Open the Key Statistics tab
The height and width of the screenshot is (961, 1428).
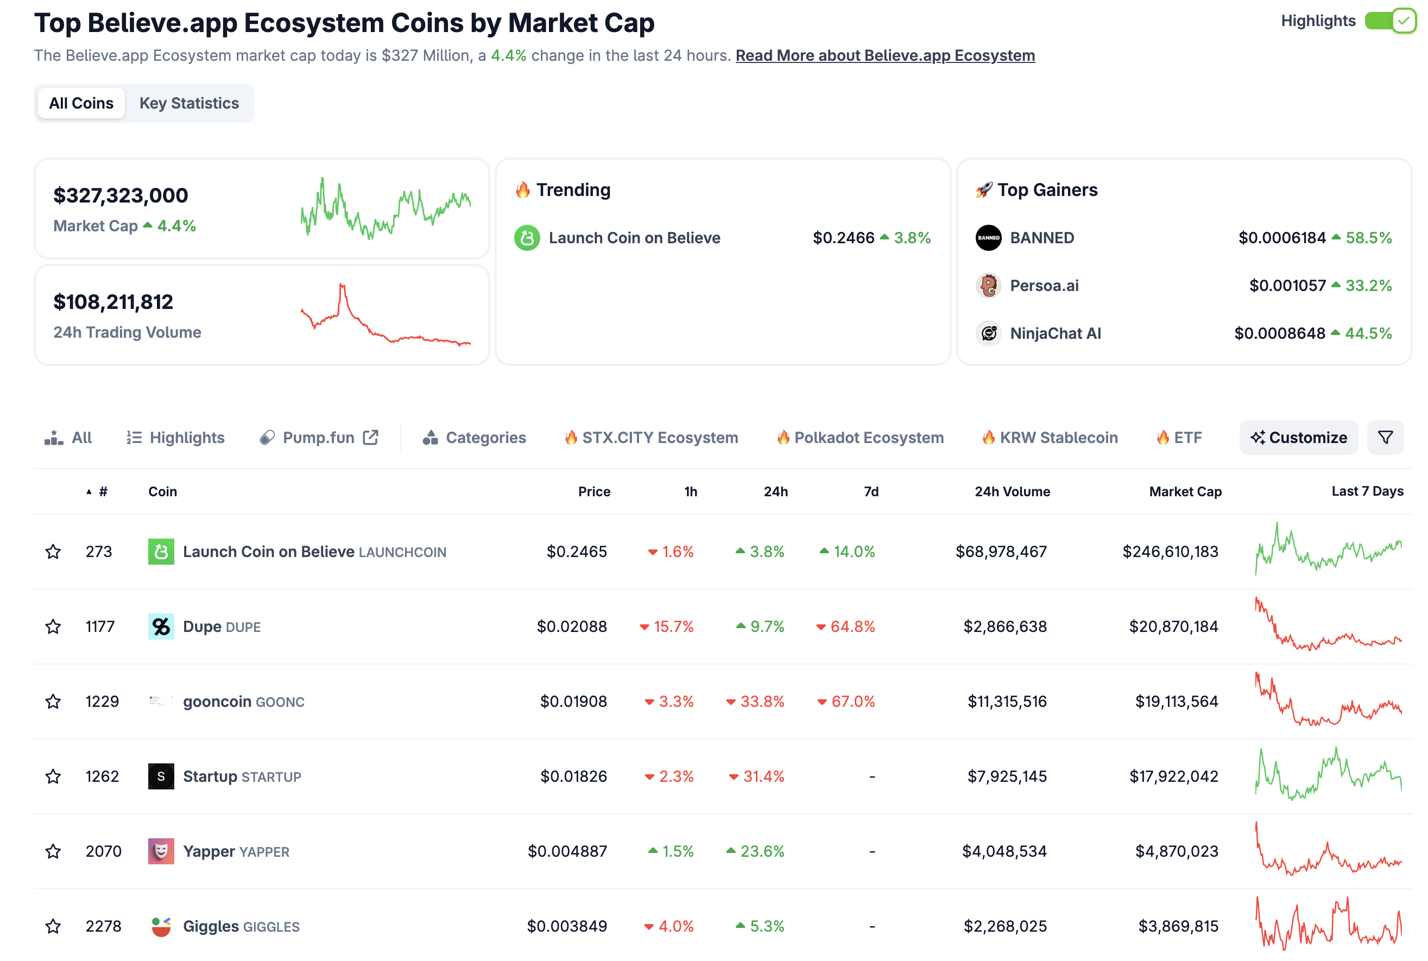[189, 103]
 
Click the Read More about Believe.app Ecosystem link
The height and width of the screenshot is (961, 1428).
[884, 55]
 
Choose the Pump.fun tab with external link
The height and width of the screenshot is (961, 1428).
[319, 438]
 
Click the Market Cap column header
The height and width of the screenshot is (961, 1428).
[1184, 491]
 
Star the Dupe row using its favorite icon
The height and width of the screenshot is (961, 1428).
[53, 627]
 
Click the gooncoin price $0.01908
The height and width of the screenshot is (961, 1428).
[572, 701]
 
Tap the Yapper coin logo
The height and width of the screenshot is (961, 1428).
[161, 851]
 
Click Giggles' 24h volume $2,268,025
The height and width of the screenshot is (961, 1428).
[1004, 926]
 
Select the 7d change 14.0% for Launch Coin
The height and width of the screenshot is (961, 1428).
[853, 552]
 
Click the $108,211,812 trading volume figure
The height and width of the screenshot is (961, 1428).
[113, 301]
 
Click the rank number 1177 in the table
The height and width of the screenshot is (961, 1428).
[100, 627]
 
